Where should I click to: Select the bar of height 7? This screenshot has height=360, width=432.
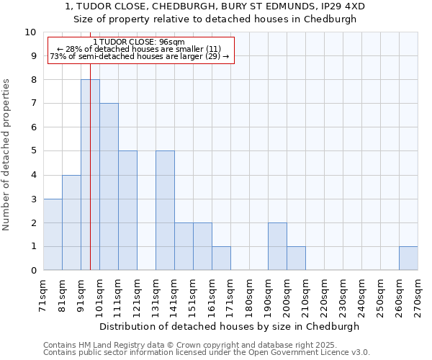pyautogui.click(x=109, y=186)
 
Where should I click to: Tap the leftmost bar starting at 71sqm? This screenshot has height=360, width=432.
pyautogui.click(x=53, y=234)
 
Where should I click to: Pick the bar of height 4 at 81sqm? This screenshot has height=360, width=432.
pyautogui.click(x=71, y=222)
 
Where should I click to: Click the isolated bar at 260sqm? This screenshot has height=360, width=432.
pyautogui.click(x=408, y=258)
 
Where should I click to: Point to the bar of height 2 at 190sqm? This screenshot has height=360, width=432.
pyautogui.click(x=277, y=246)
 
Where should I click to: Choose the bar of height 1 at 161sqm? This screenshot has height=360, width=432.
pyautogui.click(x=221, y=258)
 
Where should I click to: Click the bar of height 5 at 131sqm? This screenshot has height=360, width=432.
pyautogui.click(x=165, y=210)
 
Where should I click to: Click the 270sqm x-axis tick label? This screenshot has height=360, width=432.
pyautogui.click(x=418, y=296)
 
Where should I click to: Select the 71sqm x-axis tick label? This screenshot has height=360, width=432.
pyautogui.click(x=44, y=296)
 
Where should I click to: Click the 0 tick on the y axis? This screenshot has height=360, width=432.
pyautogui.click(x=33, y=271)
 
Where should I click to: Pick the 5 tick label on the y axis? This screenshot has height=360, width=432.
pyautogui.click(x=33, y=151)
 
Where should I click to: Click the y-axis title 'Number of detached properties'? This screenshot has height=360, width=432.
pyautogui.click(x=7, y=155)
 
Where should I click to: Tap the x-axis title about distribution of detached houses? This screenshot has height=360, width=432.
pyautogui.click(x=229, y=326)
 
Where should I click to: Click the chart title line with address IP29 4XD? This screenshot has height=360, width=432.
pyautogui.click(x=215, y=6)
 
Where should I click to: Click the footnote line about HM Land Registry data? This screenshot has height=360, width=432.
pyautogui.click(x=205, y=345)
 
